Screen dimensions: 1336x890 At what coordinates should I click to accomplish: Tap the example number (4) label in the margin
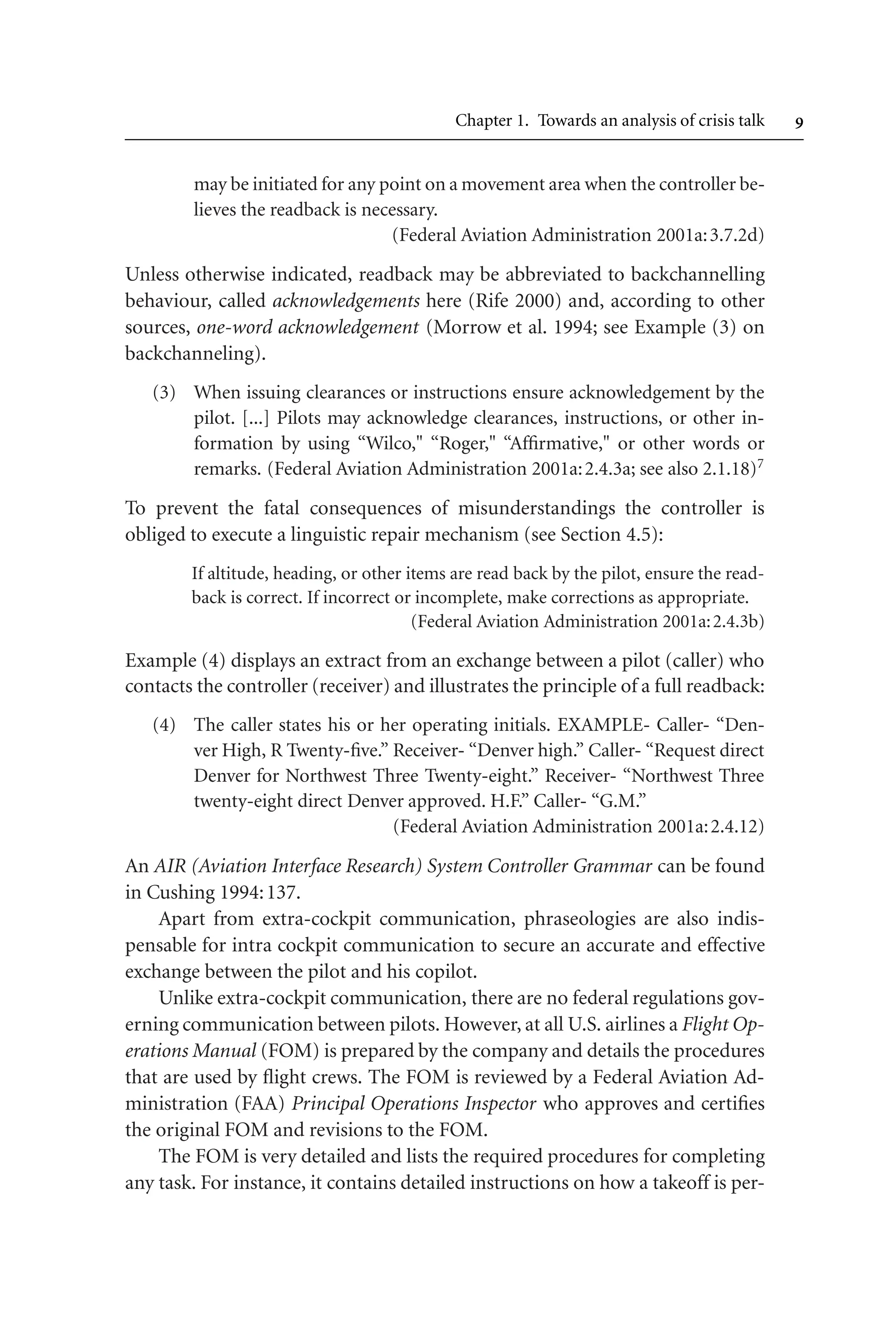click(x=164, y=725)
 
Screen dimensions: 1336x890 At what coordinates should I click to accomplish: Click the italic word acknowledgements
click(x=346, y=301)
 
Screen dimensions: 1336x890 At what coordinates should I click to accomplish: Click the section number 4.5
click(x=640, y=535)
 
